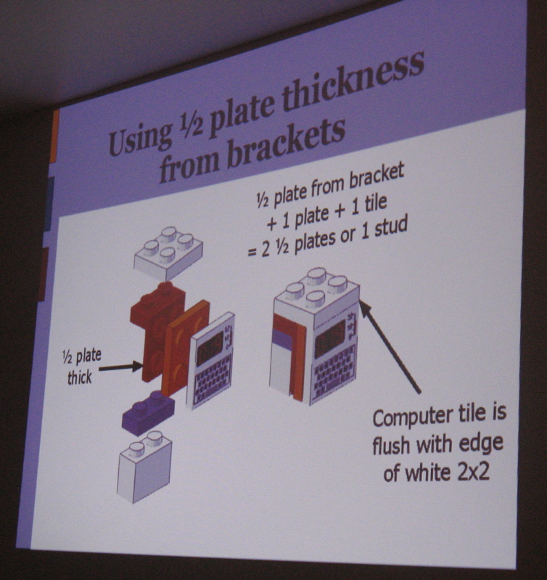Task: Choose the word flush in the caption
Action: point(395,446)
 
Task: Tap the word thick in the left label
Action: point(79,377)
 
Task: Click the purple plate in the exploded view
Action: point(148,412)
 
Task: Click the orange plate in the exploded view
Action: point(184,346)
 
